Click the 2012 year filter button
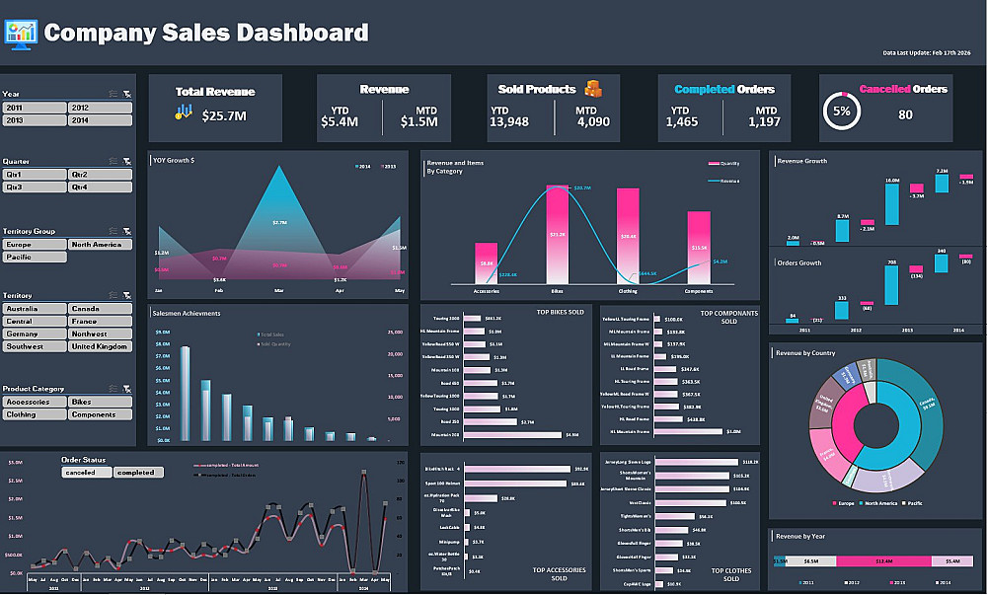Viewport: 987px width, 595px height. (100, 108)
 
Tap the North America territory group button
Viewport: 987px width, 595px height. (100, 244)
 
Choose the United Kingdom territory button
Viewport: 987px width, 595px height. (100, 346)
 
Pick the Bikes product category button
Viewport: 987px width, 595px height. (100, 402)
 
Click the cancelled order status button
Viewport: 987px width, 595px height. (87, 473)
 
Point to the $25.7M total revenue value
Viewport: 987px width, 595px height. (223, 116)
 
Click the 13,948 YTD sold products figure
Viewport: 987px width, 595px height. (509, 122)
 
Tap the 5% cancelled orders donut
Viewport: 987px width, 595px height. (842, 112)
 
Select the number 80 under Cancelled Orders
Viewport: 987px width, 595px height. (905, 114)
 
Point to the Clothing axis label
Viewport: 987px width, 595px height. (628, 292)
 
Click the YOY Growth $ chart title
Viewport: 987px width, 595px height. (174, 160)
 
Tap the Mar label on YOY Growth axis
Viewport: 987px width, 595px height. (279, 292)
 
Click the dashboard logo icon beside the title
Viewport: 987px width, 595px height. (20, 32)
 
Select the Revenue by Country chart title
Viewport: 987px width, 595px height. (805, 351)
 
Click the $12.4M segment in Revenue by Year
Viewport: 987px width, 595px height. (883, 560)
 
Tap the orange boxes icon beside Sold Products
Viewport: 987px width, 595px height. (592, 89)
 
